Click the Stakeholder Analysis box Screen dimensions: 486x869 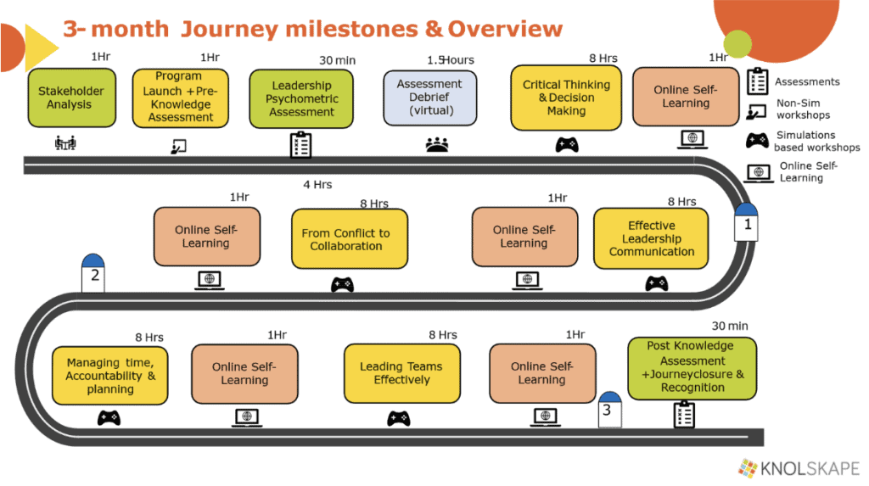pos(71,98)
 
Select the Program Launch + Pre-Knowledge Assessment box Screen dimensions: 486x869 pos(180,98)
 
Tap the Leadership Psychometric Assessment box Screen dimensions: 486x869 pos(301,98)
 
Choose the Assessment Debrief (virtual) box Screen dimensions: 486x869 pos(430,98)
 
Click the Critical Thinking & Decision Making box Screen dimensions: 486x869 pos(566,98)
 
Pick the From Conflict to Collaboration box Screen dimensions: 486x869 pos(346,240)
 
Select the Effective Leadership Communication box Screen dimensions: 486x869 pos(652,239)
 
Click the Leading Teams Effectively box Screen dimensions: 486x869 pos(401,373)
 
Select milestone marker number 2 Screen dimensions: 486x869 pos(94,272)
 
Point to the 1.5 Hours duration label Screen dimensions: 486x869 pos(450,60)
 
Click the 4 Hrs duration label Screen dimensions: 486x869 pos(317,184)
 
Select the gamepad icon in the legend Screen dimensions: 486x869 pos(757,141)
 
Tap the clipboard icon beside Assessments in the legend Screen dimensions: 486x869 pos(757,82)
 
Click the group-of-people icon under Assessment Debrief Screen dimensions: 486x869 pos(436,145)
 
